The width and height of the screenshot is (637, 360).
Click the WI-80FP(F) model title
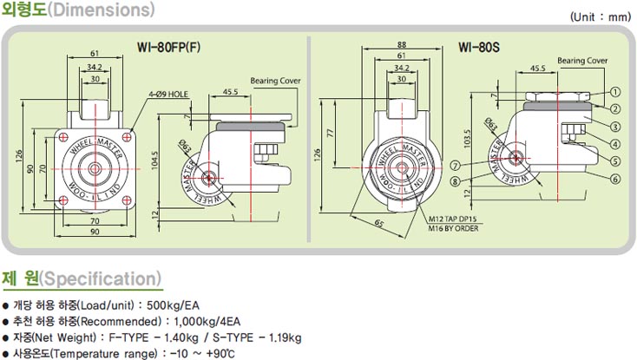(168, 47)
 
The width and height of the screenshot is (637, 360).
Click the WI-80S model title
(479, 47)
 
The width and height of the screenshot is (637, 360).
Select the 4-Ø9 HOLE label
(168, 95)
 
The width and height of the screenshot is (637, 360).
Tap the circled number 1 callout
(616, 92)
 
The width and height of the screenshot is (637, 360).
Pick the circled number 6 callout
(616, 179)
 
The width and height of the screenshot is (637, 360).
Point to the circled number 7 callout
(456, 166)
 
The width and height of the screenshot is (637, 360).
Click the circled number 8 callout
(456, 181)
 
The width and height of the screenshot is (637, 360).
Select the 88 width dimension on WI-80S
(401, 44)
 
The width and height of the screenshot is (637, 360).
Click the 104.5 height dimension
(154, 160)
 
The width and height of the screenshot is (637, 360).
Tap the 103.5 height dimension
(467, 139)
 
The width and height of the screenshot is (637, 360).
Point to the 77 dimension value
(330, 133)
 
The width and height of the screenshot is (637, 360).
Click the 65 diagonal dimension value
(378, 223)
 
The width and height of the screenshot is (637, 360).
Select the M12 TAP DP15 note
(453, 219)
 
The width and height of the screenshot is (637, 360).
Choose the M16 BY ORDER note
(453, 228)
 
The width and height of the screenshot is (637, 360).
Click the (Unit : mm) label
(601, 17)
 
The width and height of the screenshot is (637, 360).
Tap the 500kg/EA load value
(173, 305)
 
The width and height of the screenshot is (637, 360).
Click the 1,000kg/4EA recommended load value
(207, 322)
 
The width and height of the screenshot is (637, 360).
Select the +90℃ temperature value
(220, 354)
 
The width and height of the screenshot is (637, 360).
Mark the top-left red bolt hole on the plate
(63, 137)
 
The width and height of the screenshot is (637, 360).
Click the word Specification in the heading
(100, 278)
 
